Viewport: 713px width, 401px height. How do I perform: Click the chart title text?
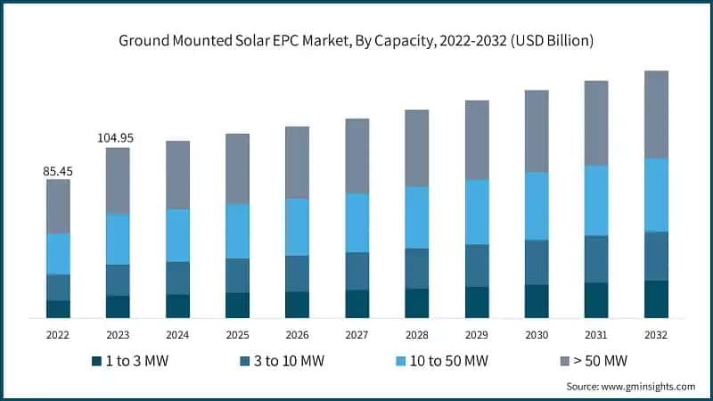[x=356, y=41]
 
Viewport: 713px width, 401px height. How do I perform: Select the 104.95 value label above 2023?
[x=118, y=137]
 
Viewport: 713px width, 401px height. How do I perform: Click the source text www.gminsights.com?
[x=631, y=386]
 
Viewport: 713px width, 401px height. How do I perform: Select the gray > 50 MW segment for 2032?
[x=656, y=114]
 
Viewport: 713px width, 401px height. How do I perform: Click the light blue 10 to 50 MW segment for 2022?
[x=58, y=254]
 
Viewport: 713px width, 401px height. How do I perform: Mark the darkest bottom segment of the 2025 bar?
[x=237, y=305]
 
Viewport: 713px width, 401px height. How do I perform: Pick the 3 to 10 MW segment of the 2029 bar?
[x=477, y=266]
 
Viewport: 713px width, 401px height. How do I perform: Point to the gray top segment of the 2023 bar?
[x=118, y=180]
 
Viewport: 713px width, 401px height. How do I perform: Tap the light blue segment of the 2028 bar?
[x=417, y=217]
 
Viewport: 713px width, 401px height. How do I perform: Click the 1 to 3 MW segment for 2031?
[x=596, y=300]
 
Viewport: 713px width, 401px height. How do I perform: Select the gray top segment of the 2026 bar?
[x=297, y=162]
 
